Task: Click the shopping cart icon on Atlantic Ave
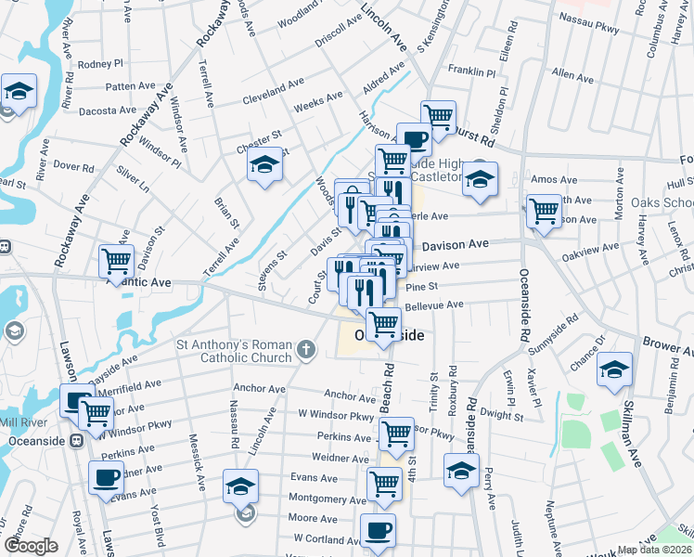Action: coord(116,263)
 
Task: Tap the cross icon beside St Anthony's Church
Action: coord(308,351)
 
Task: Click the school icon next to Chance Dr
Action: coord(614,369)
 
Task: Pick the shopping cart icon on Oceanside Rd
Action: coord(544,210)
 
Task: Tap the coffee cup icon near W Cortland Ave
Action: coord(378,531)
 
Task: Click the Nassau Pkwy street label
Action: coord(590,17)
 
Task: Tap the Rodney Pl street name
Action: coord(100,64)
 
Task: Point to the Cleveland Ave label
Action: coord(273,97)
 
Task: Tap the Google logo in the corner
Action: coord(30,545)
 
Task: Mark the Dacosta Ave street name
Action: coord(108,110)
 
